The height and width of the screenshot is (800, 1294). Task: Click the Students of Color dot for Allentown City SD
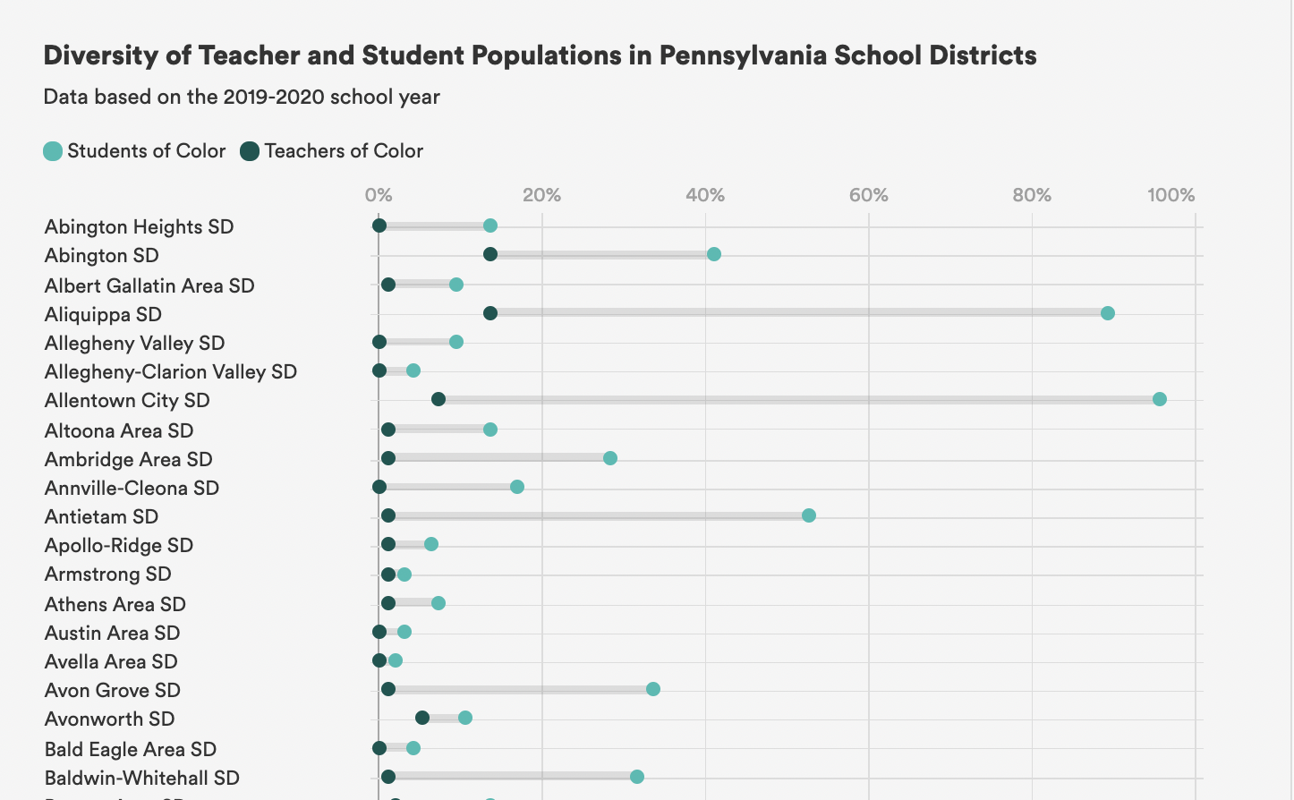coord(1159,399)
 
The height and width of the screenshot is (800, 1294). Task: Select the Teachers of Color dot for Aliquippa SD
coord(490,313)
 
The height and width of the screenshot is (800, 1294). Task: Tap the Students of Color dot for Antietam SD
coord(808,515)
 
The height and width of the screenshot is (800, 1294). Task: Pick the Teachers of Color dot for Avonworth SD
coord(422,718)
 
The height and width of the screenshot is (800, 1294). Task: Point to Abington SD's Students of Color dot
coord(713,254)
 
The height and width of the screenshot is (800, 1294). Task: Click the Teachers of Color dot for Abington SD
coord(490,254)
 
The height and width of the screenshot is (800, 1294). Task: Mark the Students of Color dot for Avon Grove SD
coord(652,689)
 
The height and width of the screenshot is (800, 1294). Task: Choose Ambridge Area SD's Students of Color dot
coord(609,458)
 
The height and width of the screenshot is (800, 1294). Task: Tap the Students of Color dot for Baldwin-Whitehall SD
coord(636,777)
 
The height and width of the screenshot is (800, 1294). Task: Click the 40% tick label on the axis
coord(705,195)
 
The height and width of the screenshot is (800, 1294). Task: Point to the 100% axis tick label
coord(1171,195)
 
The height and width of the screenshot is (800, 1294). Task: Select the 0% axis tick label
coord(379,195)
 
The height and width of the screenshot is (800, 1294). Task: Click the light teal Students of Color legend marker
coord(53,151)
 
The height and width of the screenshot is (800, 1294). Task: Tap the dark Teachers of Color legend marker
coord(250,151)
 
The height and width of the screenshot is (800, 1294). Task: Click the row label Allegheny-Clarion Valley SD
coord(171,372)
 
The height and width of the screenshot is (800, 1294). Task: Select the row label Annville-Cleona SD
coord(132,489)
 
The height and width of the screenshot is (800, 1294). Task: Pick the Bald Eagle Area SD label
coord(131,750)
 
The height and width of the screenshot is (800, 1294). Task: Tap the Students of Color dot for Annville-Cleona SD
coord(516,487)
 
